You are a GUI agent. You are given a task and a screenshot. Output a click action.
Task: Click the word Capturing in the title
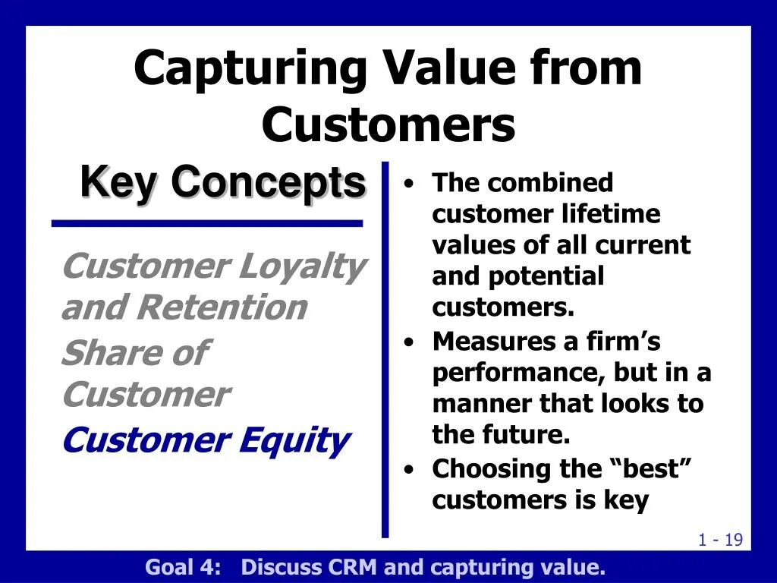tap(250, 70)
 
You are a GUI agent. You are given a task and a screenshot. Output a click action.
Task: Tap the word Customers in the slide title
tap(388, 124)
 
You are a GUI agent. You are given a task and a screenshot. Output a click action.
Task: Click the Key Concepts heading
tap(223, 182)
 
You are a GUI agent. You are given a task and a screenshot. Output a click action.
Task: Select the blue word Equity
tap(295, 441)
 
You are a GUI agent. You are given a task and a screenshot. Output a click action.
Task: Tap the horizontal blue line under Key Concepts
tap(207, 224)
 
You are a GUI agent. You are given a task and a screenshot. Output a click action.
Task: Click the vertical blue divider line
tap(385, 349)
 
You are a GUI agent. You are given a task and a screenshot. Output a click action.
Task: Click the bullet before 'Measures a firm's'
tap(408, 342)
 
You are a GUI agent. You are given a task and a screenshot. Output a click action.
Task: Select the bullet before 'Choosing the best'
tap(408, 469)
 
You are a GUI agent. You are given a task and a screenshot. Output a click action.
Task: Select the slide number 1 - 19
tap(721, 540)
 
